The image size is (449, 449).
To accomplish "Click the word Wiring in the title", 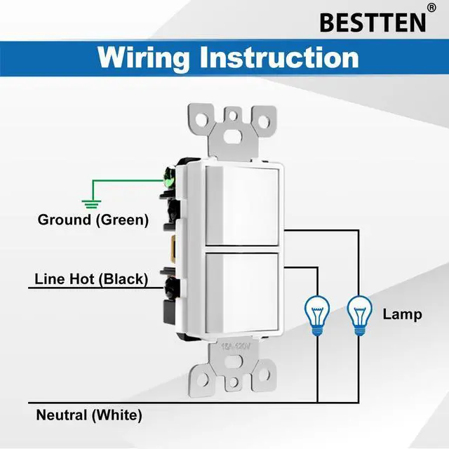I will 144,57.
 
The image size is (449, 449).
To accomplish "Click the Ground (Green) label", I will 93,220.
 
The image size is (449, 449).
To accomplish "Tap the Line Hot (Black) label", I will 91,279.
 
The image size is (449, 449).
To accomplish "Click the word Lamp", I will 402,314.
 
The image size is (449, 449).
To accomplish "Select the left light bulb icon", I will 316,313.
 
